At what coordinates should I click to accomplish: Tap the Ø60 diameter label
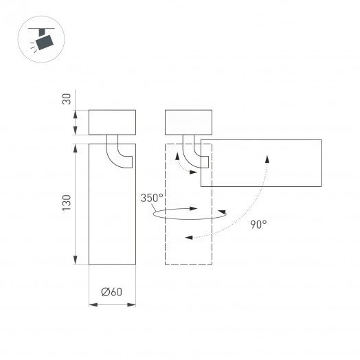coord(111,291)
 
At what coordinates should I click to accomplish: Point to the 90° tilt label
coord(258,223)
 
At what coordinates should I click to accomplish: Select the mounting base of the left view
coord(113,122)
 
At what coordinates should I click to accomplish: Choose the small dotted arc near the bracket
coord(179,162)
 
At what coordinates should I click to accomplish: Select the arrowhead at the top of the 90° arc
coord(266,157)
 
